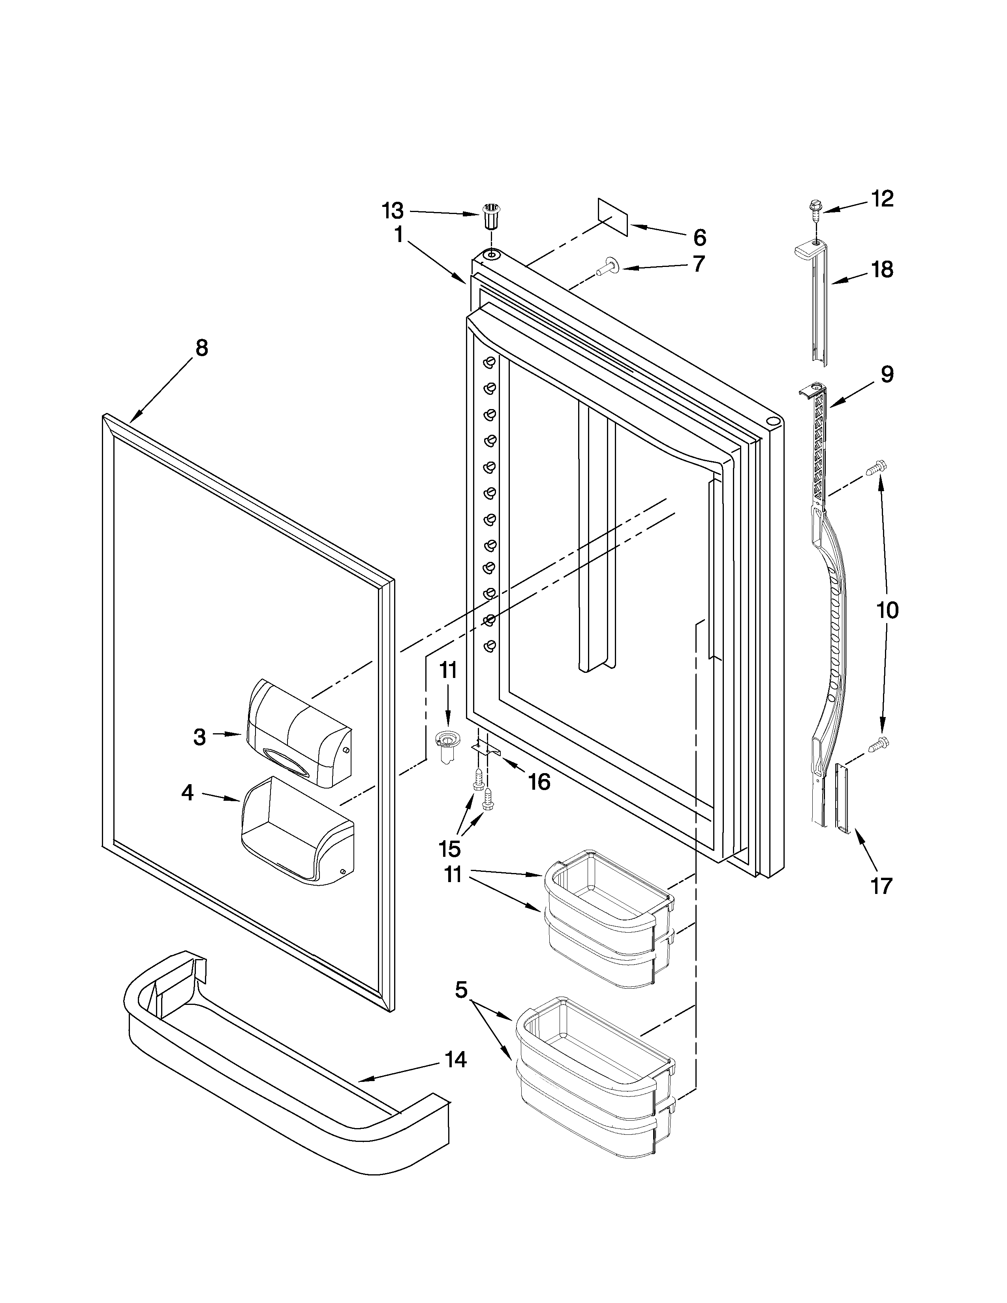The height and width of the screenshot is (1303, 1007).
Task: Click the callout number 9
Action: pos(887,375)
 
